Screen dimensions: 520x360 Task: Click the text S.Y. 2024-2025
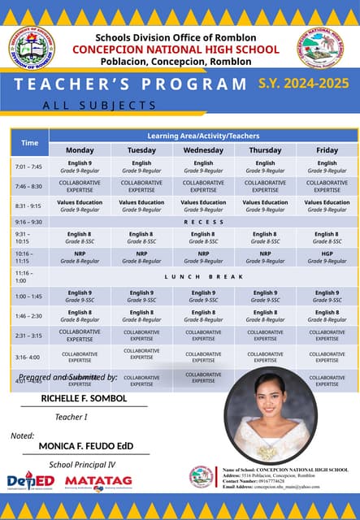(303, 83)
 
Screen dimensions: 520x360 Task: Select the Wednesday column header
(203, 150)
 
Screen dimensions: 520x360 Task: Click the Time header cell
(29, 143)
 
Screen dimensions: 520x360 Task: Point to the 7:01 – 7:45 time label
(28, 167)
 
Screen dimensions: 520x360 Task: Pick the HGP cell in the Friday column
(327, 257)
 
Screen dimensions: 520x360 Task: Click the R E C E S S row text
(203, 222)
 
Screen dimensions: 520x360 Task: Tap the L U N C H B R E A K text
(203, 277)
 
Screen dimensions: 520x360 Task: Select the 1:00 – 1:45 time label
(28, 297)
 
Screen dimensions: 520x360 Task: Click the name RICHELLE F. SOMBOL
(84, 398)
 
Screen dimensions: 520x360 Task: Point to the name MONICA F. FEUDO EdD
(85, 446)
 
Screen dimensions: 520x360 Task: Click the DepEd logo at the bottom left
(30, 482)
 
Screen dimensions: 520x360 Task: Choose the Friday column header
(327, 150)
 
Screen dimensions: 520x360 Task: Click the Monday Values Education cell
(80, 206)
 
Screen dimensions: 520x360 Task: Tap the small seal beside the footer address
(202, 478)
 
